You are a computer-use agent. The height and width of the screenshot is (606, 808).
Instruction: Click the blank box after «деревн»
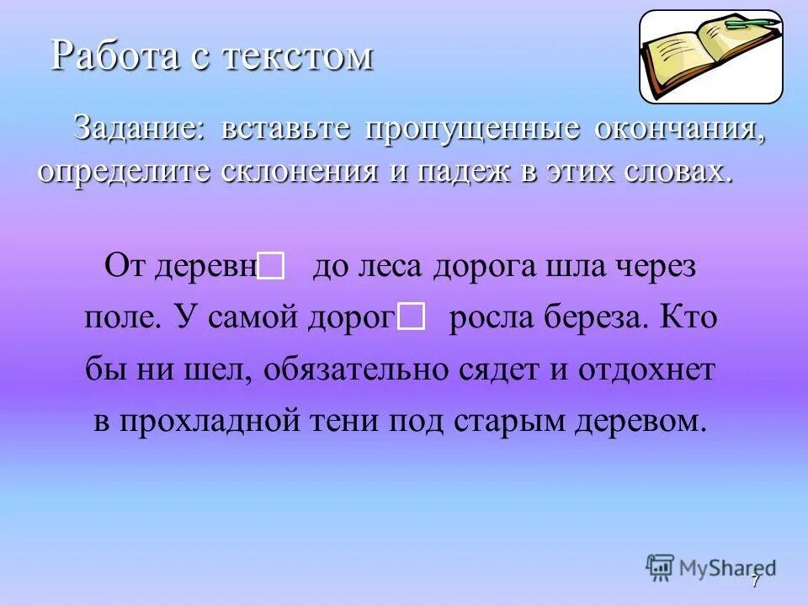point(271,267)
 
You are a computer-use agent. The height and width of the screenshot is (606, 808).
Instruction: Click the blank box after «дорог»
point(411,317)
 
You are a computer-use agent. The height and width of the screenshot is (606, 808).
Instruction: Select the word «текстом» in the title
point(308,56)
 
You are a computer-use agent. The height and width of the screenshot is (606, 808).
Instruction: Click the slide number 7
point(755,581)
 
